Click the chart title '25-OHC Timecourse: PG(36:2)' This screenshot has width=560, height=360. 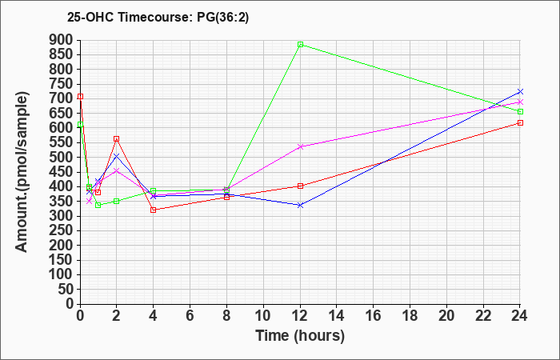pos(158,18)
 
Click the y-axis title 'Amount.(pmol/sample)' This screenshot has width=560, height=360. pos(22,172)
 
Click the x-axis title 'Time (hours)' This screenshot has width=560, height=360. pos(300,336)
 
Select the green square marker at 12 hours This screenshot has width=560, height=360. pos(300,45)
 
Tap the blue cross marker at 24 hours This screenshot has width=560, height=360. pos(520,92)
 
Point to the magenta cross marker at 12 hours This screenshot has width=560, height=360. pos(300,146)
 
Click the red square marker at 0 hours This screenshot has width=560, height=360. pos(80,97)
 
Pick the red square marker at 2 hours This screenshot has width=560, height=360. pos(117,139)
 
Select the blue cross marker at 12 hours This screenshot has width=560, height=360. pos(300,206)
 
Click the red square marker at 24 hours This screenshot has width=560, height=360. pos(520,123)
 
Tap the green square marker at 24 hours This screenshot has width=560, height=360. pos(520,112)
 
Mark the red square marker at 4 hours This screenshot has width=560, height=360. pos(154,210)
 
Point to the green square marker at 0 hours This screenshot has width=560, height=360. pos(80,125)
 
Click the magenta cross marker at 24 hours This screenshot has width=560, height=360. pos(520,102)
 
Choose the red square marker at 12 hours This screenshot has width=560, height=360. pos(300,186)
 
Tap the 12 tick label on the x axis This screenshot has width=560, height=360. pos(300,316)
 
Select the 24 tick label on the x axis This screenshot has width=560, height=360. pos(519,316)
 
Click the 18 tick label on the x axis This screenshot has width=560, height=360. pos(410,316)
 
